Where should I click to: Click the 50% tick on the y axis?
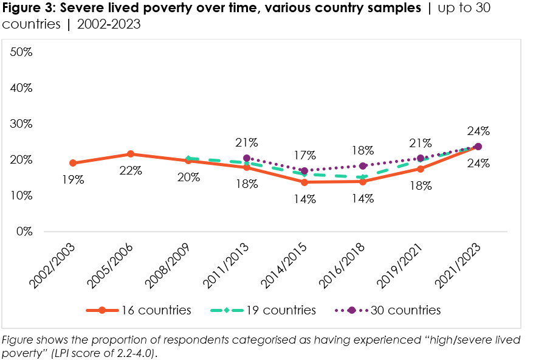[x=21, y=52]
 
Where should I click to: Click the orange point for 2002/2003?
[x=73, y=163]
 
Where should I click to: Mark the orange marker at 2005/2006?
[x=131, y=154]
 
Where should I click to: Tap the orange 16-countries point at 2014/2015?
[x=304, y=182]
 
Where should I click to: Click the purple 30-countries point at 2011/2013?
[x=247, y=158]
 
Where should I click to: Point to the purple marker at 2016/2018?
[x=363, y=166]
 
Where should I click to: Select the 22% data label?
[x=131, y=171]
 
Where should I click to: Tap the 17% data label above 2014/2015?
[x=304, y=154]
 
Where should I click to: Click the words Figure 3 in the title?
[x=28, y=8]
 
